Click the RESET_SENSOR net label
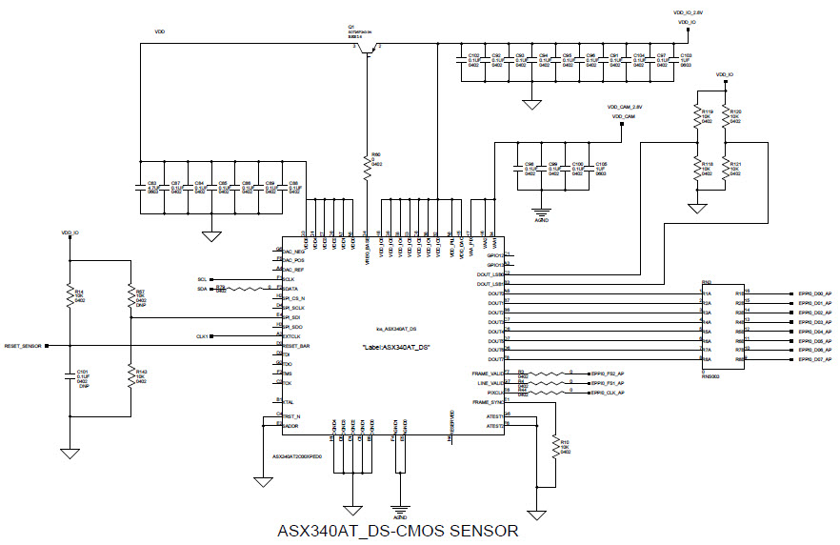pyautogui.click(x=22, y=346)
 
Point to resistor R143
pyautogui.click(x=130, y=374)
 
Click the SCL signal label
pyautogui.click(x=202, y=279)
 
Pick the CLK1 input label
pyautogui.click(x=202, y=336)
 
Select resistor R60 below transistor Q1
pyautogui.click(x=368, y=167)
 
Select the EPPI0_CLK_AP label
pyautogui.click(x=608, y=393)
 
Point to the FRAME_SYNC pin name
pyautogui.click(x=488, y=403)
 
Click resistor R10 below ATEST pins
pyautogui.click(x=555, y=447)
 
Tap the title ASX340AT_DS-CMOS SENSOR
pyautogui.click(x=397, y=531)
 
